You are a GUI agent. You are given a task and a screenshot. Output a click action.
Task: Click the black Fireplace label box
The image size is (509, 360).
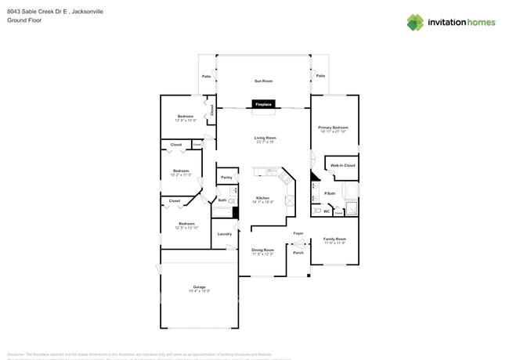click(x=263, y=104)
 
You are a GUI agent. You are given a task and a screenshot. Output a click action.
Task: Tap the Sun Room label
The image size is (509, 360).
click(x=263, y=81)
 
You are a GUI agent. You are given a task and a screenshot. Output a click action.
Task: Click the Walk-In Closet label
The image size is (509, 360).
click(x=342, y=165)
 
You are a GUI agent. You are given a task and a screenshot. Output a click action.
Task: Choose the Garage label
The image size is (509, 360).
click(x=200, y=288)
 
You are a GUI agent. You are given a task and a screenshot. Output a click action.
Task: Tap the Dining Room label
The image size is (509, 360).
click(x=262, y=251)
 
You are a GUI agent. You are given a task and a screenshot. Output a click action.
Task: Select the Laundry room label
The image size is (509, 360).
click(x=225, y=233)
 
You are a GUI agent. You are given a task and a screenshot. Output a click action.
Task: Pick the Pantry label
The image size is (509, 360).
click(x=226, y=178)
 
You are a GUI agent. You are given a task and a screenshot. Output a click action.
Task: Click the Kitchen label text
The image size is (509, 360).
click(x=262, y=199)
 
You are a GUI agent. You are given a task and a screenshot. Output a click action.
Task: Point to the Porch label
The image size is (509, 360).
click(x=298, y=253)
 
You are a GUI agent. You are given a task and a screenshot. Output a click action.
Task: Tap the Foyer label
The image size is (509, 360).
click(x=298, y=233)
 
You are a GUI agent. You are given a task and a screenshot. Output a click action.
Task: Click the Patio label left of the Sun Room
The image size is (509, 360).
click(x=207, y=76)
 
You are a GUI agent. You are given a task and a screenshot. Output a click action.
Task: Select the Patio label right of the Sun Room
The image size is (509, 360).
click(x=320, y=76)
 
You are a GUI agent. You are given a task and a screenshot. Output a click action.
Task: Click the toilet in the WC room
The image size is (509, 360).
click(x=317, y=211)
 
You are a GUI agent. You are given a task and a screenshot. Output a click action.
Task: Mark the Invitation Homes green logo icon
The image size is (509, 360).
click(x=415, y=23)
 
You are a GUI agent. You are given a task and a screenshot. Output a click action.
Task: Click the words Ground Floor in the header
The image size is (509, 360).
click(x=24, y=20)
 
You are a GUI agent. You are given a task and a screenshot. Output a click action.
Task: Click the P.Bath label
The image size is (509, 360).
click(x=330, y=193)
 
